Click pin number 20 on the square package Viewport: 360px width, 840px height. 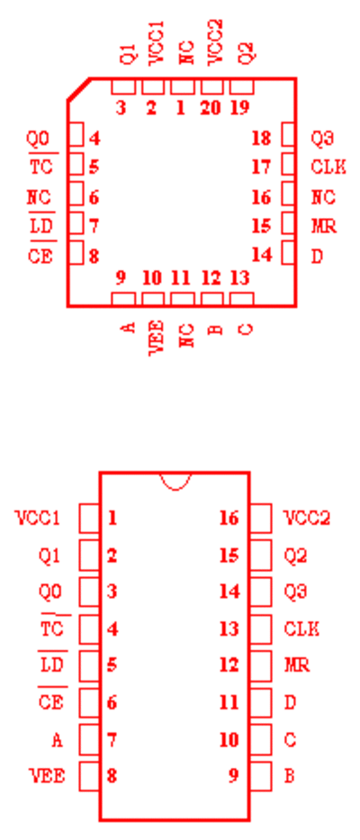tap(210, 108)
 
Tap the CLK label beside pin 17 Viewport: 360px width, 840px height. tap(328, 167)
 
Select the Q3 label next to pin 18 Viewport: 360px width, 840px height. tap(322, 139)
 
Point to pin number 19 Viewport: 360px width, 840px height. tap(239, 108)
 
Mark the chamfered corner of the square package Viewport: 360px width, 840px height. tap(78, 89)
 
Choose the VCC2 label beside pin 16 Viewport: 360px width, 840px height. tap(306, 519)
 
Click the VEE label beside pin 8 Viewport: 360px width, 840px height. tap(47, 776)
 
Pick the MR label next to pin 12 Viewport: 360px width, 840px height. tap(297, 665)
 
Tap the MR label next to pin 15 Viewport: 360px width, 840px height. tap(324, 227)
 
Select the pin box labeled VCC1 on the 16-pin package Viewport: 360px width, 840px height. tap(89, 518)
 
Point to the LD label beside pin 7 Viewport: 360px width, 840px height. tap(40, 227)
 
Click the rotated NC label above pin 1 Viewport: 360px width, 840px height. tap(186, 51)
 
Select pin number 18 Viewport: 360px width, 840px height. tap(261, 139)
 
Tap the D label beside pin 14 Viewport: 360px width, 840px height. tap(317, 256)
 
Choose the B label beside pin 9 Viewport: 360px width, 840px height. tap(289, 776)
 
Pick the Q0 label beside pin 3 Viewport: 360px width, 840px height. tap(50, 592)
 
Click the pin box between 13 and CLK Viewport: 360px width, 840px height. tap(260, 629)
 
